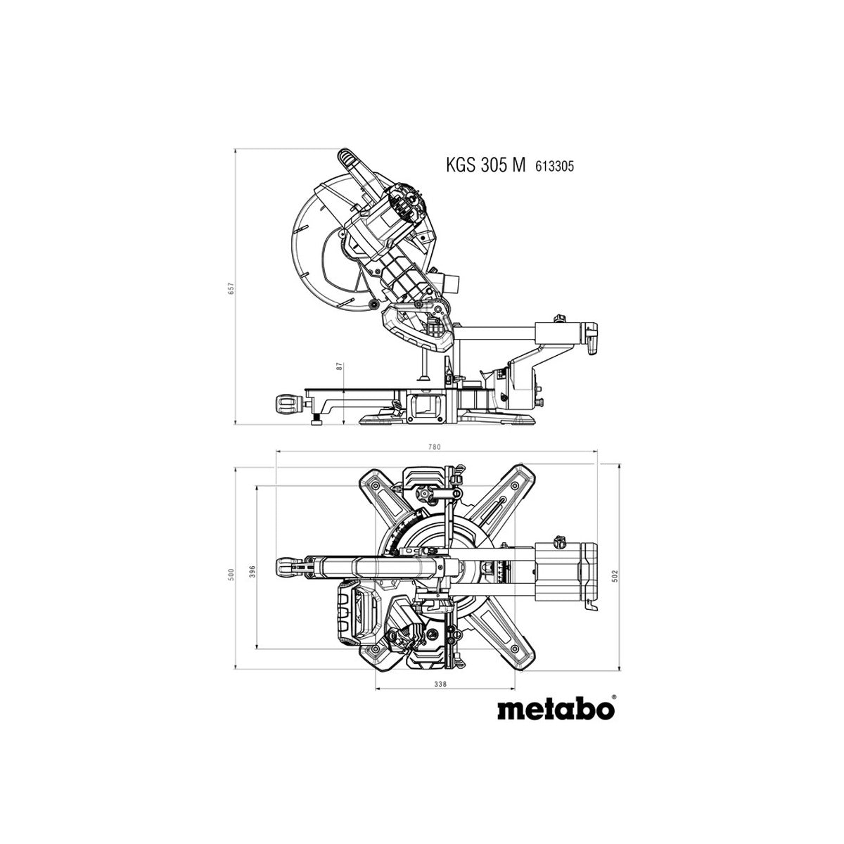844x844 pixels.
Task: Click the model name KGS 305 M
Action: (x=485, y=166)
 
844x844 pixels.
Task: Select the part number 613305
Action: (x=554, y=167)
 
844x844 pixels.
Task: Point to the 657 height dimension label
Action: (x=231, y=288)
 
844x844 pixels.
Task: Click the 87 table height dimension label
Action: (x=339, y=367)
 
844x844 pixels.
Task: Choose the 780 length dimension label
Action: (x=434, y=447)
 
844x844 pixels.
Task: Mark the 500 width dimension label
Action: (x=231, y=574)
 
